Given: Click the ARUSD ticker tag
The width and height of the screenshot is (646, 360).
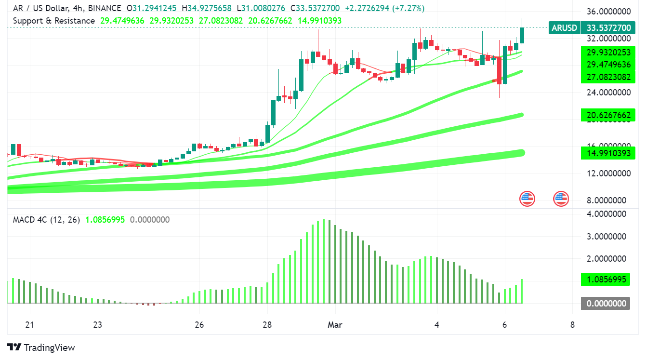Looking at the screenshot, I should point(564,28).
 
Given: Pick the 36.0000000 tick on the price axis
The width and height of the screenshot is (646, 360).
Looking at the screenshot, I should point(607,12).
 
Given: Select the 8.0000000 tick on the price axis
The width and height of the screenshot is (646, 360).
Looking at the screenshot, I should point(607,200).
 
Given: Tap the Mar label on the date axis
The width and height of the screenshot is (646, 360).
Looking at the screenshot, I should point(335,325).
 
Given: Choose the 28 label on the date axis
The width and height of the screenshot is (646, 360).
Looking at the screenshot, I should point(268,325).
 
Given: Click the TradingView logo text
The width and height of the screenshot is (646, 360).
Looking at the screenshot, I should point(49,347).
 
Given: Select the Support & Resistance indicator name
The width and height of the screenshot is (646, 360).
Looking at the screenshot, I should point(53,21).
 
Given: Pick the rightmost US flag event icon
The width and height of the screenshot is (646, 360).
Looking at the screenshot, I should point(561,198).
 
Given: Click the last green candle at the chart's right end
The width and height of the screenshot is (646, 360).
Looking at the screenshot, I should point(522,35).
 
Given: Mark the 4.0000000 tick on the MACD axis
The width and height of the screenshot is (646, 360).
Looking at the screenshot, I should point(607,213).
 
